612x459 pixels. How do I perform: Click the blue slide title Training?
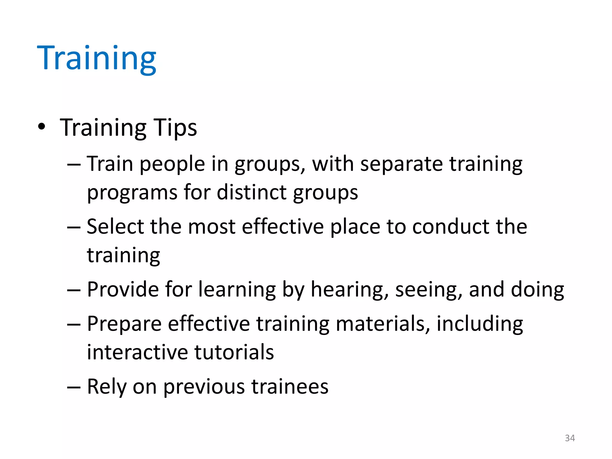tap(96, 58)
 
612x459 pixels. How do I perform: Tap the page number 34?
tap(570, 438)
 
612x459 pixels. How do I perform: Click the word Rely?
tap(107, 387)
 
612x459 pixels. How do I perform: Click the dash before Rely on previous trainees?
tap(74, 387)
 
